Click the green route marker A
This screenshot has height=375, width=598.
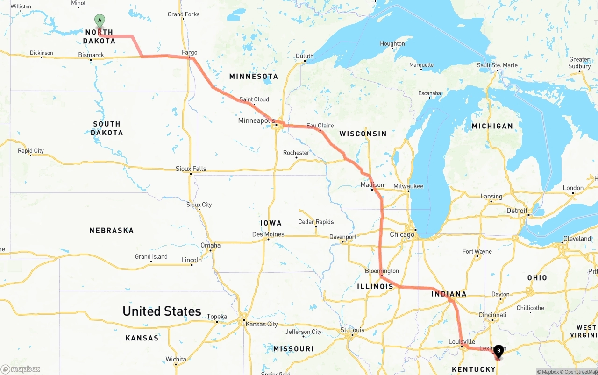click(x=100, y=21)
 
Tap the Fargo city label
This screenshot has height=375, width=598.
click(x=190, y=53)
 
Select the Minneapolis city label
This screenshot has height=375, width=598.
click(x=256, y=120)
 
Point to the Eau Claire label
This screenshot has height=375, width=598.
click(x=320, y=126)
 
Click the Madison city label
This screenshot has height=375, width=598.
click(x=372, y=185)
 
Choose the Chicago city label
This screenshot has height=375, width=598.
click(x=402, y=234)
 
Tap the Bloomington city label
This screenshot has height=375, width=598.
click(x=382, y=271)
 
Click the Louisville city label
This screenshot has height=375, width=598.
click(x=462, y=342)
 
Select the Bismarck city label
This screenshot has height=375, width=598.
click(x=91, y=55)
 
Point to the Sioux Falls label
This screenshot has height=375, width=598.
click(x=191, y=169)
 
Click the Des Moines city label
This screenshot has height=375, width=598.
click(x=268, y=234)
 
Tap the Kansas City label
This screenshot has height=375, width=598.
click(x=262, y=324)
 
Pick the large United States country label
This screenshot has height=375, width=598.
click(x=162, y=311)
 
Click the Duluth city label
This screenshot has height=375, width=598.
click(x=305, y=56)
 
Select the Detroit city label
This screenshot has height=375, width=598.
click(x=517, y=211)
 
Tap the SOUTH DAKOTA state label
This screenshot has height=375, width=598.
click(x=107, y=128)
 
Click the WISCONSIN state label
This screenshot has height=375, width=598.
click(x=363, y=134)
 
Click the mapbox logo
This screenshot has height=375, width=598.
click(x=21, y=369)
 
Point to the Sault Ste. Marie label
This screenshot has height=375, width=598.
click(x=497, y=65)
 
